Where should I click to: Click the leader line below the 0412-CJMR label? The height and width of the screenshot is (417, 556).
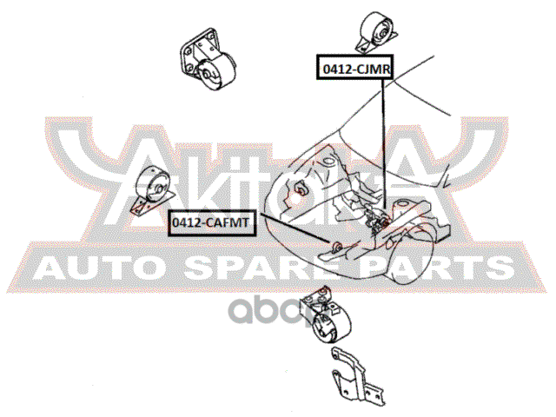point(382,139)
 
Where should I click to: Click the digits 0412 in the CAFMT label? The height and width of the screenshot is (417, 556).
point(186,223)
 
